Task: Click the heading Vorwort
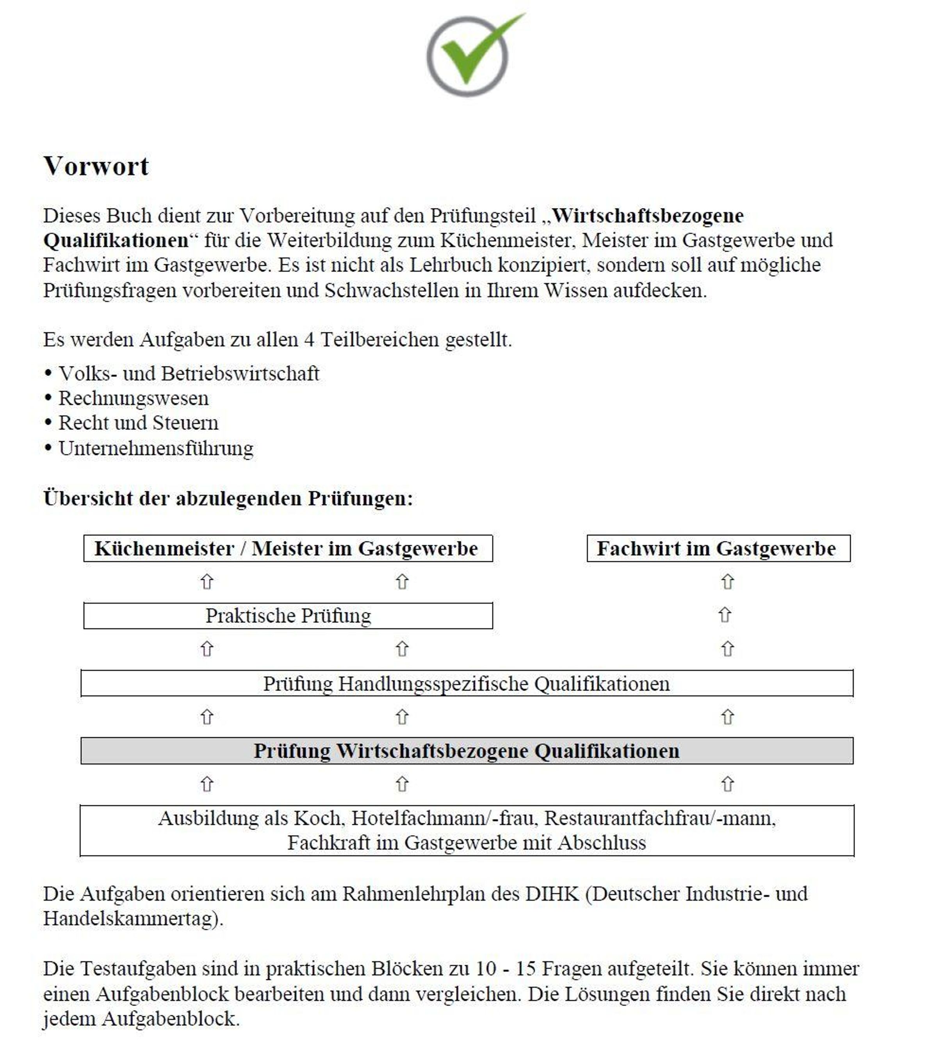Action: click(x=96, y=166)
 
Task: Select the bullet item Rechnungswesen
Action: click(x=134, y=398)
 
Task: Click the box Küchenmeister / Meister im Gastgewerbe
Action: click(x=287, y=548)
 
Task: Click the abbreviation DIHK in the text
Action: click(x=551, y=894)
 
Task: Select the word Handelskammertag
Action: click(x=130, y=919)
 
